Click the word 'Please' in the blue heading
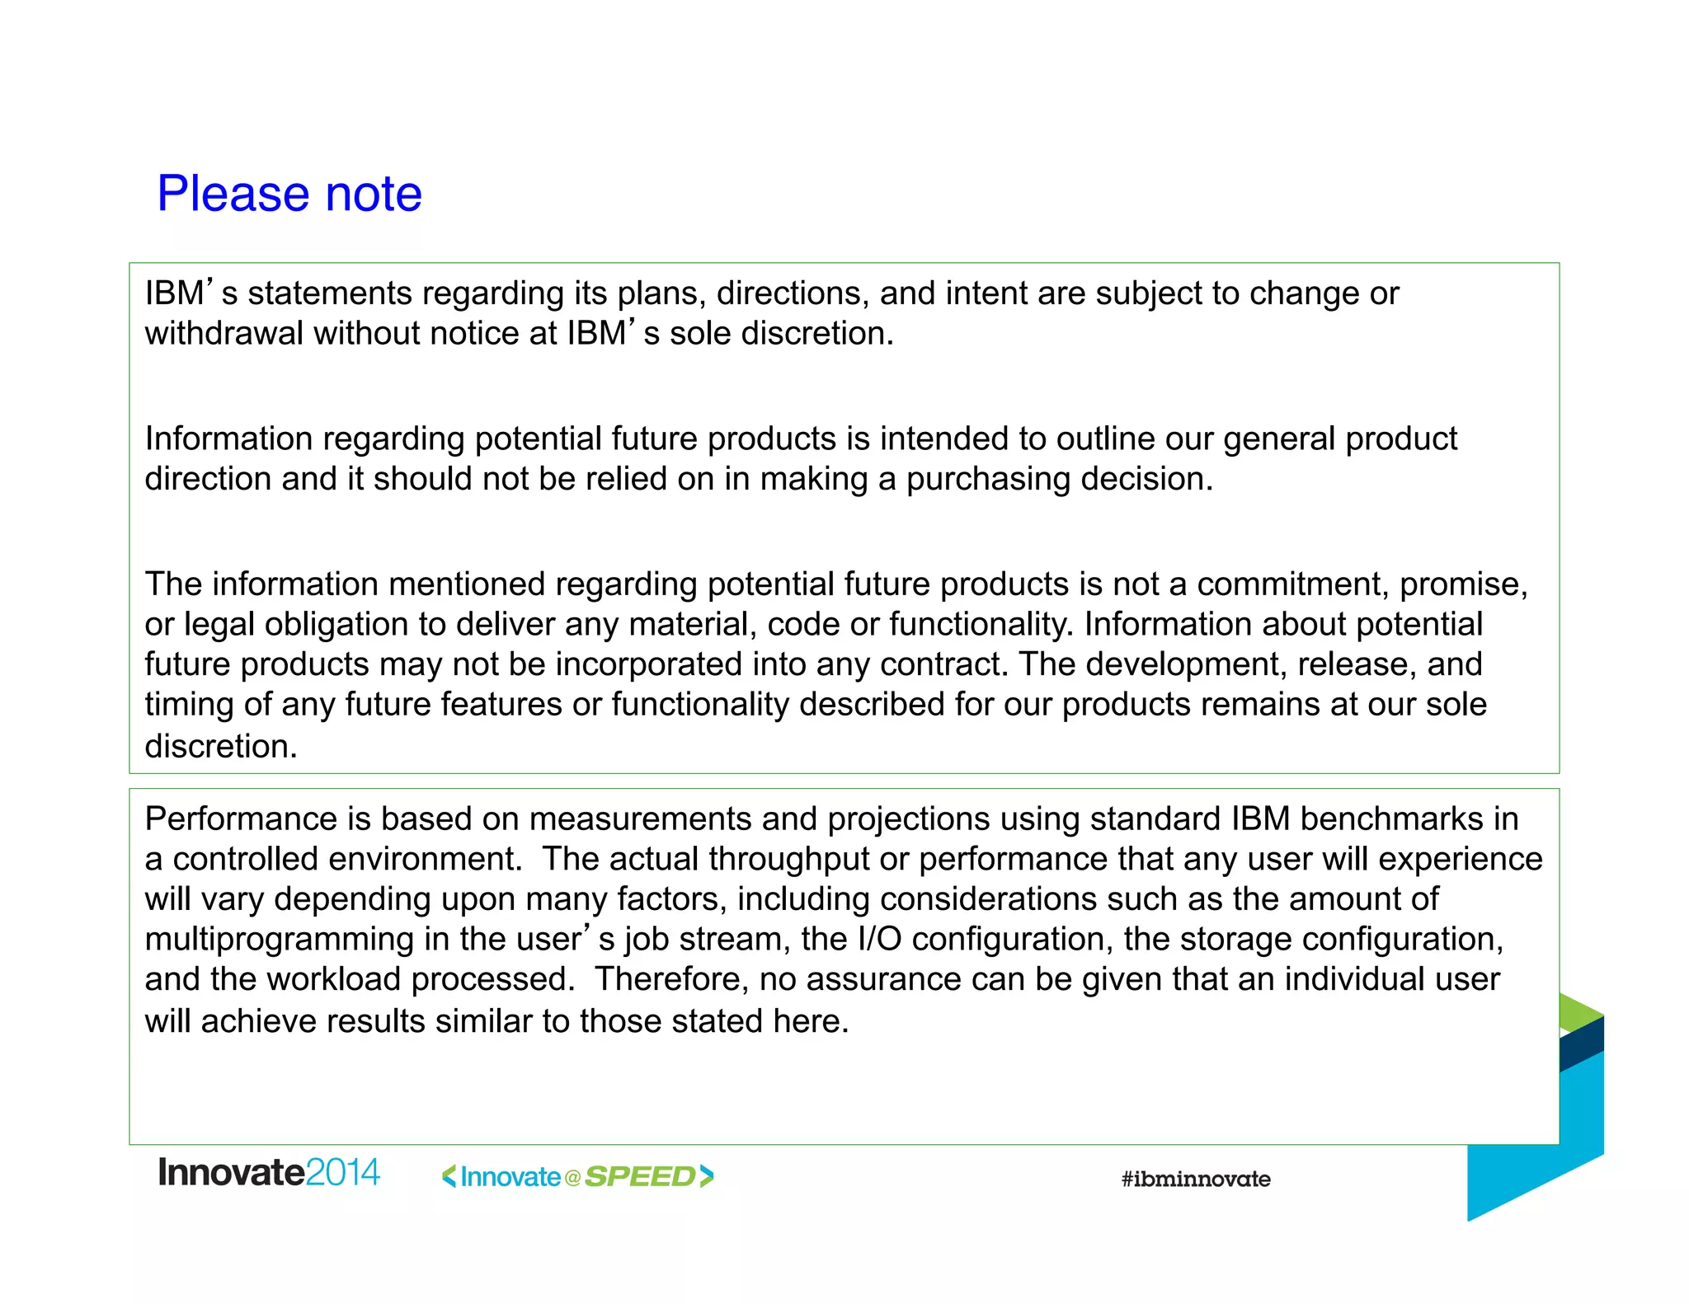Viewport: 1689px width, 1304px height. coord(233,195)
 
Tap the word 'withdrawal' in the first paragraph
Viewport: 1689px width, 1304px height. coord(224,333)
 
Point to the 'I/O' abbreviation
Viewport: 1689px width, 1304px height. coord(879,940)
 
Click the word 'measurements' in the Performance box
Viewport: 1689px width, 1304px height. coord(640,819)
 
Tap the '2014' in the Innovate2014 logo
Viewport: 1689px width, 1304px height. coord(342,1173)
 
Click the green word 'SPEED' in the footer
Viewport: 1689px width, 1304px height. coord(640,1177)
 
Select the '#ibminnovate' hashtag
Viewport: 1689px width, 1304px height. coord(1195,1180)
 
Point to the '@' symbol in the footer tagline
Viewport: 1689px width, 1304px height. coord(572,1178)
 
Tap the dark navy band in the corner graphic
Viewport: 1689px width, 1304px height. coord(1582,1045)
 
